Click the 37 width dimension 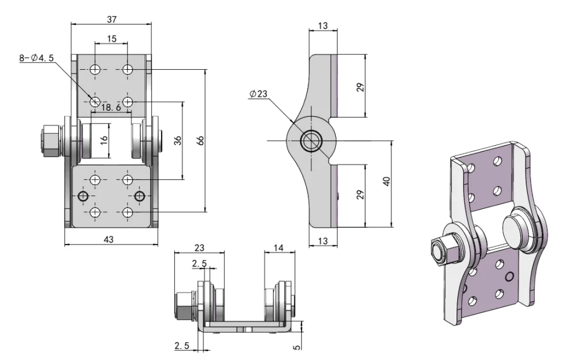[111, 19]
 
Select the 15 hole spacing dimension [111, 39]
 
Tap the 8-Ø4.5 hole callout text [37, 57]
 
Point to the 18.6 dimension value [111, 107]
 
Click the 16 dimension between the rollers [104, 140]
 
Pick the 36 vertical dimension [177, 141]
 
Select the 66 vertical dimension [200, 141]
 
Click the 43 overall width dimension [109, 239]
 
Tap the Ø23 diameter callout [258, 95]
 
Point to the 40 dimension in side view [387, 182]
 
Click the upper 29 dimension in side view [360, 87]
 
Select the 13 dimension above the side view [323, 26]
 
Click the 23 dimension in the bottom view [199, 248]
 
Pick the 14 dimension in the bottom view [279, 248]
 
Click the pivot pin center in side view [312, 141]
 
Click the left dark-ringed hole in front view [83, 197]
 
